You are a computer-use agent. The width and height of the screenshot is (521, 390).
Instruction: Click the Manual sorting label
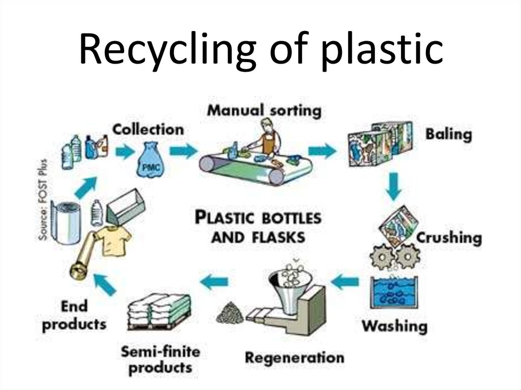[x=265, y=110]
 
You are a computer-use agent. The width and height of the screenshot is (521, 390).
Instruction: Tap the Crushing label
[x=449, y=238]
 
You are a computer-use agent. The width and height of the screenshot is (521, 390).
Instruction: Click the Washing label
[x=394, y=325]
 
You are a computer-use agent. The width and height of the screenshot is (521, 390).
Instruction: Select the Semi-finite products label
[x=161, y=359]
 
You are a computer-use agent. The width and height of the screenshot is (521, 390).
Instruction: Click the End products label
[x=74, y=315]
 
